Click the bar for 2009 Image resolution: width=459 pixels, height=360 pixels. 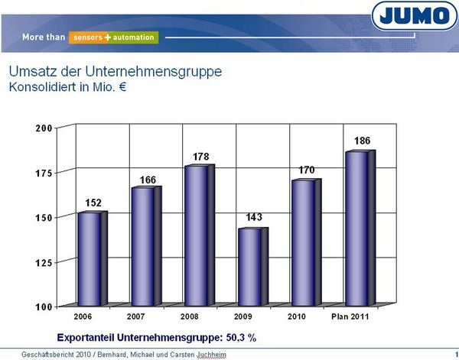coord(249,267)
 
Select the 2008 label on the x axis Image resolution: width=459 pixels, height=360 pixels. coord(191,315)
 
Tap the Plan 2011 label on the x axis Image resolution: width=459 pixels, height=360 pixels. coord(352,315)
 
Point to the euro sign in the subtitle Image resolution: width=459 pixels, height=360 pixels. coord(122,87)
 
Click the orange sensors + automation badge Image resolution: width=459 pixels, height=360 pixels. coord(112,37)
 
